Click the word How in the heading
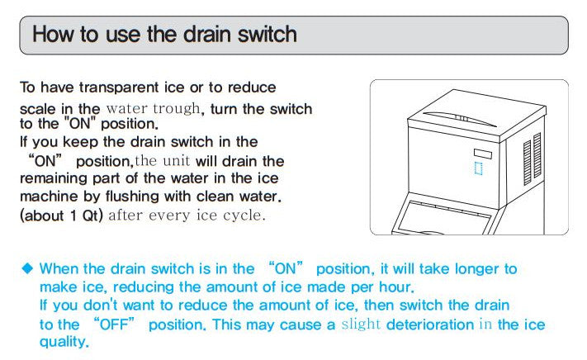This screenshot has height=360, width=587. pyautogui.click(x=53, y=34)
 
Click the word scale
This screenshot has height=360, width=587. pyautogui.click(x=38, y=109)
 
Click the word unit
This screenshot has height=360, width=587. pyautogui.click(x=176, y=161)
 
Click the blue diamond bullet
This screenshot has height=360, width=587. pyautogui.click(x=27, y=268)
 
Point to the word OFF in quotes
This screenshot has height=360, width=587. pyautogui.click(x=115, y=324)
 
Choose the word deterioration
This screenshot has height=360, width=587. pyautogui.click(x=430, y=324)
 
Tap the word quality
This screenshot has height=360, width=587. pyautogui.click(x=64, y=342)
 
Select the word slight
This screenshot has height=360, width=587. pyautogui.click(x=361, y=324)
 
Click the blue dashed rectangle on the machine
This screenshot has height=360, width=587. pyautogui.click(x=479, y=168)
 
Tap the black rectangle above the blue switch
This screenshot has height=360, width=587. pyautogui.click(x=483, y=154)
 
